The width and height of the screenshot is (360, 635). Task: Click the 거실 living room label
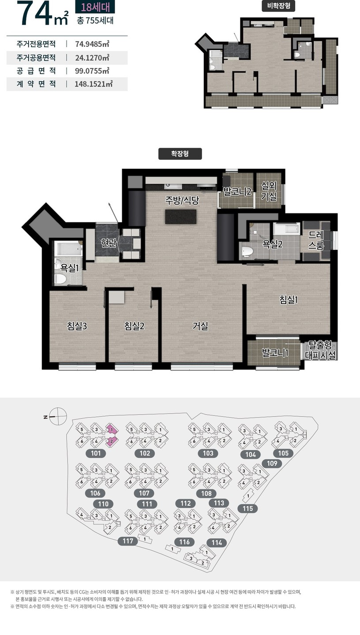pyautogui.click(x=200, y=326)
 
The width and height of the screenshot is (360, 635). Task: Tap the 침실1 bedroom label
pyautogui.click(x=289, y=299)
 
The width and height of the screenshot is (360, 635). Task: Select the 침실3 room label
pyautogui.click(x=77, y=326)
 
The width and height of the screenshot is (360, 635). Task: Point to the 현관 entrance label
pyautogui.click(x=109, y=243)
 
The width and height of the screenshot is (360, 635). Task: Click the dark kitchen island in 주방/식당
pyautogui.click(x=181, y=217)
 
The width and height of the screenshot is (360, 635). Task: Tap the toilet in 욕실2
pyautogui.click(x=247, y=252)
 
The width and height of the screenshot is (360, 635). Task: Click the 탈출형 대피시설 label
pyautogui.click(x=320, y=351)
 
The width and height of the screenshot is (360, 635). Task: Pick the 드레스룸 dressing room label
pyautogui.click(x=316, y=240)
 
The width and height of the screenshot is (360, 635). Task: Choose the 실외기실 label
pyautogui.click(x=269, y=191)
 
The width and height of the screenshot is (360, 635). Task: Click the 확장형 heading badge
pyautogui.click(x=180, y=154)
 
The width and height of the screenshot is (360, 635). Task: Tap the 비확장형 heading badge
pyautogui.click(x=278, y=6)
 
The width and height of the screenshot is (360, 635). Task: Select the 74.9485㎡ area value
pyautogui.click(x=92, y=44)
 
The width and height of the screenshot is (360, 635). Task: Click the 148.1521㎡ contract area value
pyautogui.click(x=94, y=84)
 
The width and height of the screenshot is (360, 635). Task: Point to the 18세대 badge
pyautogui.click(x=95, y=7)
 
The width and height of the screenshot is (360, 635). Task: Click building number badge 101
pyautogui.click(x=96, y=453)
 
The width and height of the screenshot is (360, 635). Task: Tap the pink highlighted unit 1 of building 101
pyautogui.click(x=112, y=430)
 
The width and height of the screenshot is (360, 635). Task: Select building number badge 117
pyautogui.click(x=127, y=541)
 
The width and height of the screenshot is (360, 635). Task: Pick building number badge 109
pyautogui.click(x=272, y=463)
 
